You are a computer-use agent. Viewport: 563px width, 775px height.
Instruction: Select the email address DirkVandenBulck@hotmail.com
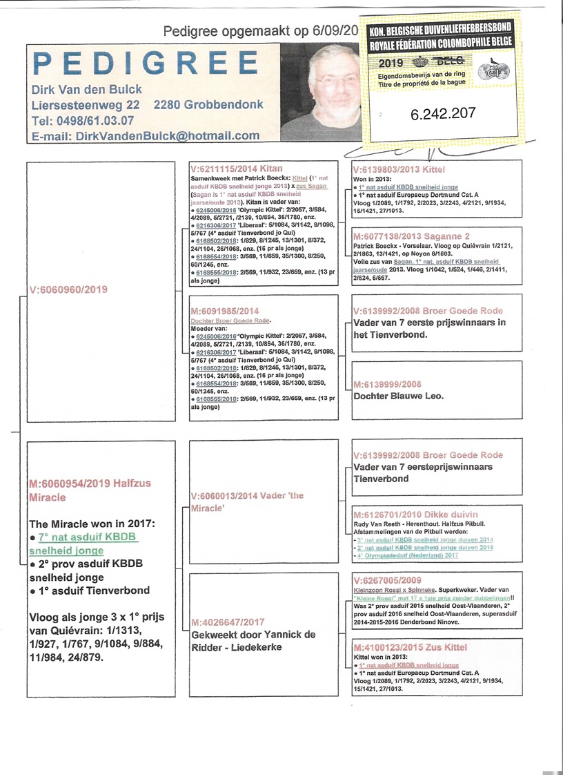(x=145, y=136)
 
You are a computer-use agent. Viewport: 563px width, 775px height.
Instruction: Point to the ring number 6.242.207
(x=442, y=113)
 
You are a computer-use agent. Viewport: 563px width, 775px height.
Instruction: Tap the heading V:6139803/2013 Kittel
(x=399, y=169)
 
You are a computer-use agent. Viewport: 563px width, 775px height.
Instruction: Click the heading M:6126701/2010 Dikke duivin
(x=414, y=515)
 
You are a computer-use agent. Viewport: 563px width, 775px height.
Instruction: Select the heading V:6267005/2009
(x=386, y=580)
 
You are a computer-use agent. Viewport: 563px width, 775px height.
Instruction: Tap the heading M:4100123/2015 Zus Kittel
(x=410, y=647)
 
